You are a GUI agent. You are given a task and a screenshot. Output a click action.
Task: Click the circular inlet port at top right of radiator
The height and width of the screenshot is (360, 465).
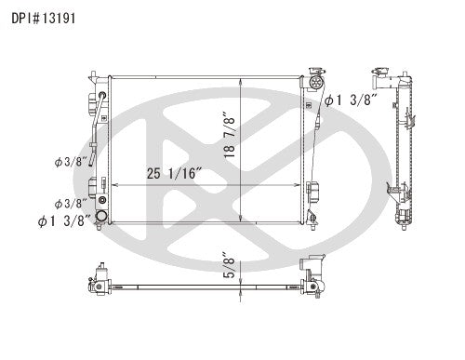[325, 100]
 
